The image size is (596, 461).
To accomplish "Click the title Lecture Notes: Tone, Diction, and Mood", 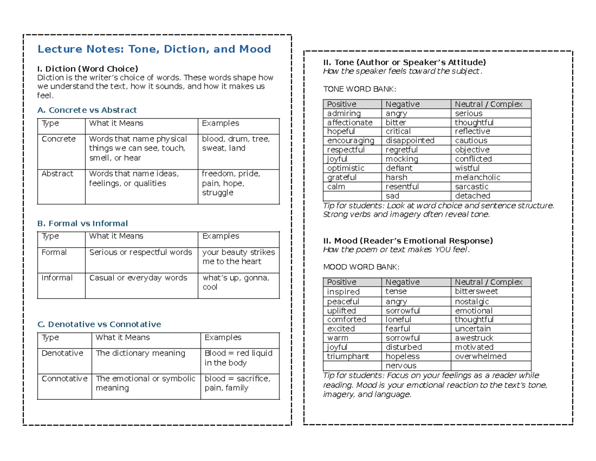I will point(154,49).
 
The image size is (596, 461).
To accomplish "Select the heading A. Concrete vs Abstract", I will point(87,110).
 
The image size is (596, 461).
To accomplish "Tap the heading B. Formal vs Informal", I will point(82,223).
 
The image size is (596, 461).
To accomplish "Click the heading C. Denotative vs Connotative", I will point(99,324).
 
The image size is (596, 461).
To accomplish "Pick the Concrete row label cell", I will point(59,139).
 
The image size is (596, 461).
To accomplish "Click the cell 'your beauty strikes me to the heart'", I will point(238,257).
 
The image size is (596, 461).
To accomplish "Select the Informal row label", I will point(57,278).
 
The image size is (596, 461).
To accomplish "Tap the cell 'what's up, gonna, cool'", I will point(236,282).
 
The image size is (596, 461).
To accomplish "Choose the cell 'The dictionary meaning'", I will point(140,353).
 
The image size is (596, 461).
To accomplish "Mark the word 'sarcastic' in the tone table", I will point(471,186).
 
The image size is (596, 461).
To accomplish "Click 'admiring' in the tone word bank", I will point(344,113).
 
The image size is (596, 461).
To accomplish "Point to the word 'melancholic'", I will point(477,178).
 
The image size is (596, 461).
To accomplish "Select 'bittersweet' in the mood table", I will point(476,291).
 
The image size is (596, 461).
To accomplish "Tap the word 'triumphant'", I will point(348,357).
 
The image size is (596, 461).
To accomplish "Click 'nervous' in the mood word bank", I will point(400,366).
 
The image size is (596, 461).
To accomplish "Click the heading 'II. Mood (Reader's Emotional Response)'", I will point(408,241).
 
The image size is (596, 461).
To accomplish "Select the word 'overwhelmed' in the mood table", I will point(480,357).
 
